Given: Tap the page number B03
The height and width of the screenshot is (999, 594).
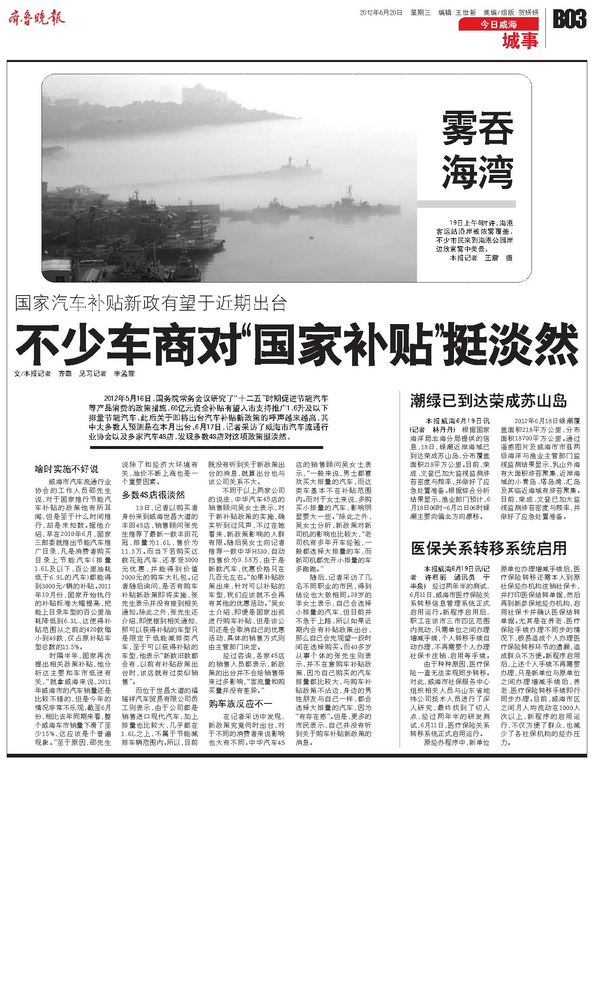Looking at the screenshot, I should coord(569,19).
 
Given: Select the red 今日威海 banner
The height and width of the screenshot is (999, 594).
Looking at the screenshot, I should coord(498,25).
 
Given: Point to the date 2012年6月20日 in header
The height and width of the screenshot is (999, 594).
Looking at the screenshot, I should coord(381,13).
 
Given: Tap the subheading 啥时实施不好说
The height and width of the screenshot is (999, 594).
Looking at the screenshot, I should coord(67,469).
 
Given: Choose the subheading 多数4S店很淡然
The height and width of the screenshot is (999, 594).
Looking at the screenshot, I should coord(153,495).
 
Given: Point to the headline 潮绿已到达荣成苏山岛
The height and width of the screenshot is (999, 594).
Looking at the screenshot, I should coord(488,401).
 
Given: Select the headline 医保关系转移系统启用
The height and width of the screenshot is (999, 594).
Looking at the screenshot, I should coord(489,548).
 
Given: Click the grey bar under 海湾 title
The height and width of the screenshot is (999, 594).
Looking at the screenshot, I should coord(466,204).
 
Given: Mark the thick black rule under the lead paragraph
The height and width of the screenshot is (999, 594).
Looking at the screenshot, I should coord(206,447).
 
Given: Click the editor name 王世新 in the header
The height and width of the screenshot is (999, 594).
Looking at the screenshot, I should coord(465,13).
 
